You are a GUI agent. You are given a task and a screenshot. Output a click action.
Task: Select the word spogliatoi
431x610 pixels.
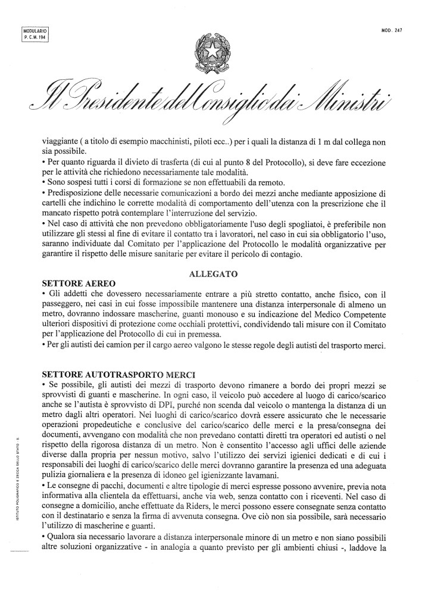[266, 223]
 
